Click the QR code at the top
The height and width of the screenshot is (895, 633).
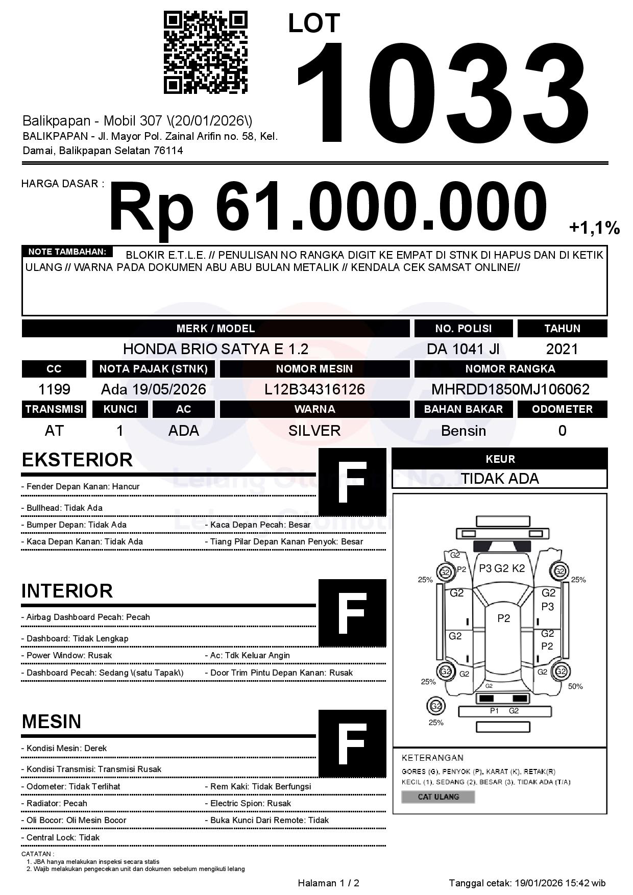pos(205,53)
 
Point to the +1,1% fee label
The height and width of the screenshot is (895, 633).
pos(594,228)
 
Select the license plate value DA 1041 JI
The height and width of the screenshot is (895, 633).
pos(463,349)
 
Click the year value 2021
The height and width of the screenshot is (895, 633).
pos(562,349)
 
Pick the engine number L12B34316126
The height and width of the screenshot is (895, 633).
pos(314,390)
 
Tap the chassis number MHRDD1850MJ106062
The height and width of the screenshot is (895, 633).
pos(510,390)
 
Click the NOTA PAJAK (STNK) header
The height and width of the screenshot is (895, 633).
pos(153,369)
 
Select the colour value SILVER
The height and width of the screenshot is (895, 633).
pos(314,431)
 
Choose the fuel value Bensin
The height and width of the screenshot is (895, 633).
pos(463,431)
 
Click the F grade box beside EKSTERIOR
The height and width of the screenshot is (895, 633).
pos(352,482)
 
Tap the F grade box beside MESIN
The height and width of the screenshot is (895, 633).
pos(352,743)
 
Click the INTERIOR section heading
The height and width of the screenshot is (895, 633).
pos(67,591)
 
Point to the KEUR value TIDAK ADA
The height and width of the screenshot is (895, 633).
pos(500,479)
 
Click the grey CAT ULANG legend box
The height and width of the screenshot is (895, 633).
pos(438,797)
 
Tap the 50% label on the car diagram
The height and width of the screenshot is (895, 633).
pos(575,686)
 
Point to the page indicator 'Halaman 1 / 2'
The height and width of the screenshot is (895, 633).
pos(328,883)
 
